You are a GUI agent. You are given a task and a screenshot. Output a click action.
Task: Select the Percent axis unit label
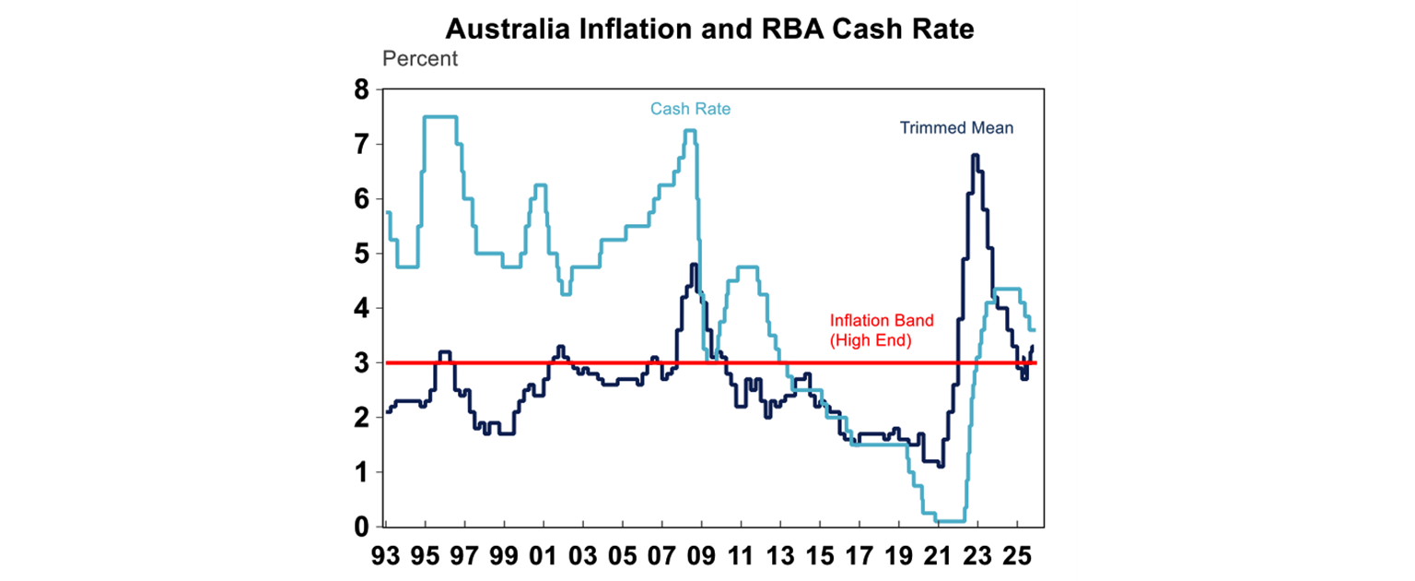click(x=419, y=59)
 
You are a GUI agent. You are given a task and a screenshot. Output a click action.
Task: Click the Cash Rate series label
click(x=690, y=109)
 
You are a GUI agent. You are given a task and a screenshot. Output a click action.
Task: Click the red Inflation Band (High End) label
click(x=882, y=329)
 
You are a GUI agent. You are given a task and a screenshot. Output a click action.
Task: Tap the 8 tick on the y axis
click(x=361, y=90)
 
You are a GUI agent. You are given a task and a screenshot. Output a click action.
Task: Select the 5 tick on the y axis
click(x=361, y=254)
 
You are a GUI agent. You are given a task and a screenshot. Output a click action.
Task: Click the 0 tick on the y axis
click(x=361, y=527)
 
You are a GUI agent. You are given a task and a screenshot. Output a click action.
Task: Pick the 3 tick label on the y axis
click(x=361, y=363)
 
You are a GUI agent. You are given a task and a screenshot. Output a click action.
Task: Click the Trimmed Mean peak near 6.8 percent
click(x=975, y=156)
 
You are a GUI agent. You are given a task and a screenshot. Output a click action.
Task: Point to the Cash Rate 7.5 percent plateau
click(x=439, y=117)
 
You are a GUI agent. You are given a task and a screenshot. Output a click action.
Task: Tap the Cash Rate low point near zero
click(x=950, y=521)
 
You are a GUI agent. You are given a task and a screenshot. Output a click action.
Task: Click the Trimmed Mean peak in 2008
click(x=694, y=265)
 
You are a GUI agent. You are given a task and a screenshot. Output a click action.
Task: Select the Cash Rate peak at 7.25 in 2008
click(x=689, y=131)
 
